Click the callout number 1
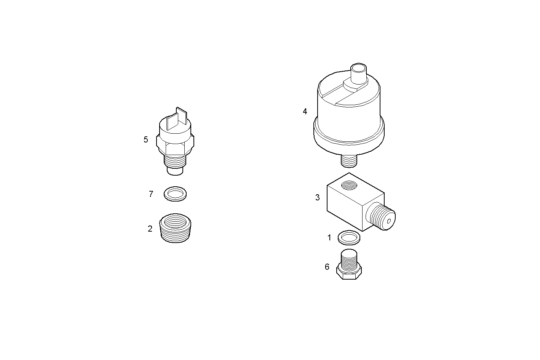pos(329,238)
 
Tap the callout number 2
pos(150,229)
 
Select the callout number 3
pos(318,198)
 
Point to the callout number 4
pos(305,112)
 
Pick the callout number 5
pos(146,140)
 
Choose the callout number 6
pos(327,267)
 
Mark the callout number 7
pos(151,194)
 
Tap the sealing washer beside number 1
pos(349,238)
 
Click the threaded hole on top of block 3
pos(348,186)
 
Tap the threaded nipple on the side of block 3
pos(383,219)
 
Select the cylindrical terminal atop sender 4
pos(358,74)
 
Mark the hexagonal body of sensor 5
pos(175,144)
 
